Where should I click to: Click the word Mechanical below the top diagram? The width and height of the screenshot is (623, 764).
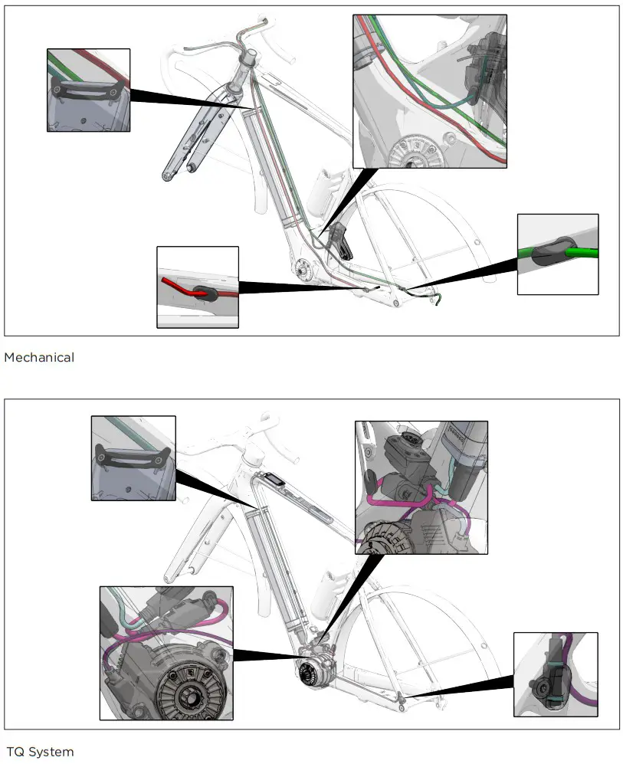(x=39, y=357)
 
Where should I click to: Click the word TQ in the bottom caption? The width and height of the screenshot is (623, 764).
(x=15, y=751)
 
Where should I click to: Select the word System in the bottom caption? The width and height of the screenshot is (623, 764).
(x=51, y=751)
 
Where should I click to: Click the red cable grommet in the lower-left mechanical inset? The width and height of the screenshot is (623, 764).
(x=205, y=293)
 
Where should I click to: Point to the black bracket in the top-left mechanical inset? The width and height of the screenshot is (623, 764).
(x=87, y=91)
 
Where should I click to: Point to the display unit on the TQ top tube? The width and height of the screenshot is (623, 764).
(x=275, y=479)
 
